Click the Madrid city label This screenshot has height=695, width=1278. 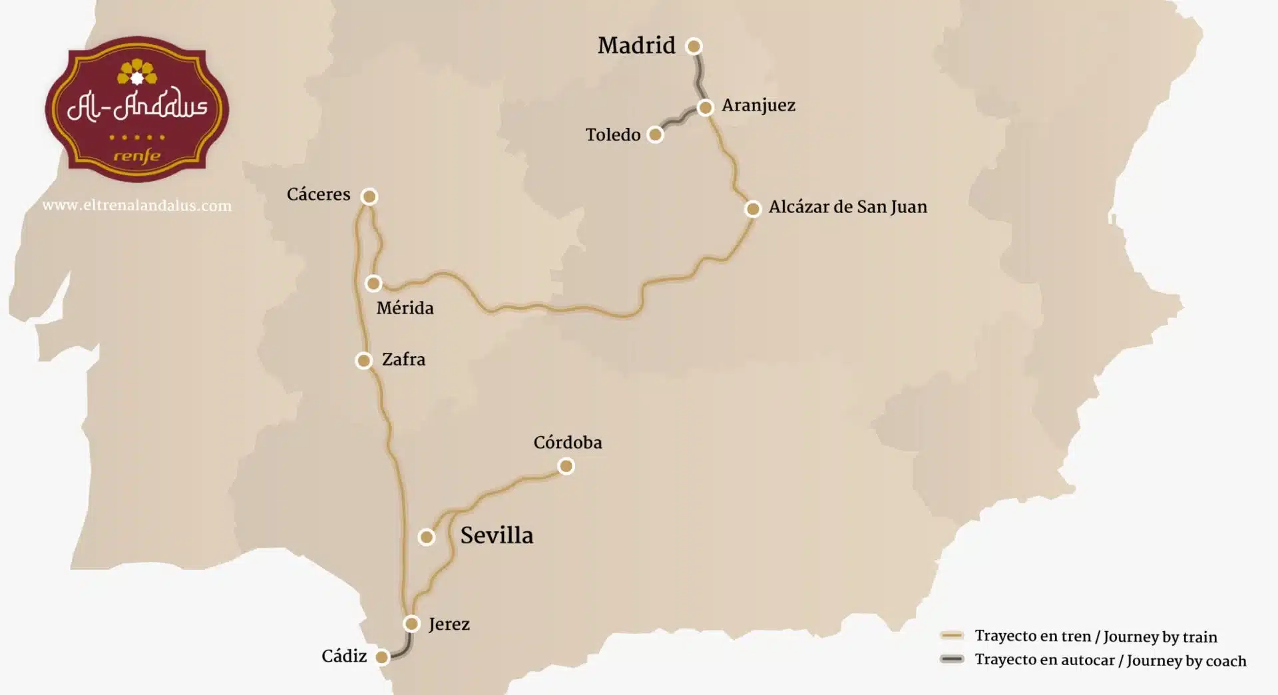[636, 45]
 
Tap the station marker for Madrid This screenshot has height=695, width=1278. [694, 46]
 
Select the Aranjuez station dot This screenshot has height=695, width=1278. [706, 107]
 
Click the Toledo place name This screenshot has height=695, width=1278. [613, 134]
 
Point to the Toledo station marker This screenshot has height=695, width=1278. [656, 135]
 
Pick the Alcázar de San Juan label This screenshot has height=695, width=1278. [847, 207]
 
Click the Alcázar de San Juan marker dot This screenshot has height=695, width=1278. [753, 209]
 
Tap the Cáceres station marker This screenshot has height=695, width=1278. [369, 196]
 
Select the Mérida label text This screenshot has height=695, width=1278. [405, 308]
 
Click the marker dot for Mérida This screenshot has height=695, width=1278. [373, 284]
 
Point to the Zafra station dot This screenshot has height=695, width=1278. [363, 361]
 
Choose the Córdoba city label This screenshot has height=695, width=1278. [568, 443]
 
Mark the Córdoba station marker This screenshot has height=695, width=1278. [566, 467]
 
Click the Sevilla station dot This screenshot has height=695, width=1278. [427, 537]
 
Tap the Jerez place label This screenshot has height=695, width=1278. [449, 624]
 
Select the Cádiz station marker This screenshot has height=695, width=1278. [382, 658]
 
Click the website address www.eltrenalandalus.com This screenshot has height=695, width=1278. [137, 206]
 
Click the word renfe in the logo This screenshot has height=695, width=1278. [137, 156]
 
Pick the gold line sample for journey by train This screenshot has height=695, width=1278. [952, 636]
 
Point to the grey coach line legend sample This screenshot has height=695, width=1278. [952, 660]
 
